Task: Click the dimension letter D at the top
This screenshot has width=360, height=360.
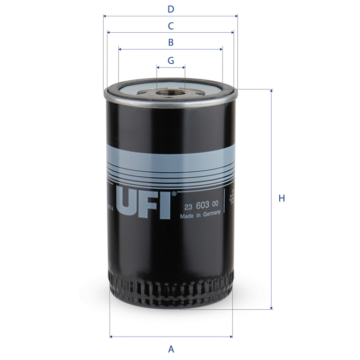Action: (171, 9)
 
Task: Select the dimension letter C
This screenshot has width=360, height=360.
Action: (171, 26)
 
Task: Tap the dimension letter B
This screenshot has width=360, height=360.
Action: (171, 42)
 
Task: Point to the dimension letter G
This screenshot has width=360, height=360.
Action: (171, 60)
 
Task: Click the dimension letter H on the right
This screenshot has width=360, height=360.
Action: (281, 199)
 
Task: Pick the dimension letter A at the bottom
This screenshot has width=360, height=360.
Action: (171, 349)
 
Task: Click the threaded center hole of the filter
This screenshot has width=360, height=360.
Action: (171, 93)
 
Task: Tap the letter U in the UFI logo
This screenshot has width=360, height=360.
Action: (129, 203)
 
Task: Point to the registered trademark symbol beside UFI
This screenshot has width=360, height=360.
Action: (175, 193)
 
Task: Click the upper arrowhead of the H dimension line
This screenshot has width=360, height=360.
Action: (271, 91)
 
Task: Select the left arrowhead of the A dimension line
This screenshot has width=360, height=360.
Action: (111, 336)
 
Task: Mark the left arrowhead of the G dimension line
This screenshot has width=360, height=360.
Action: (158, 68)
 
